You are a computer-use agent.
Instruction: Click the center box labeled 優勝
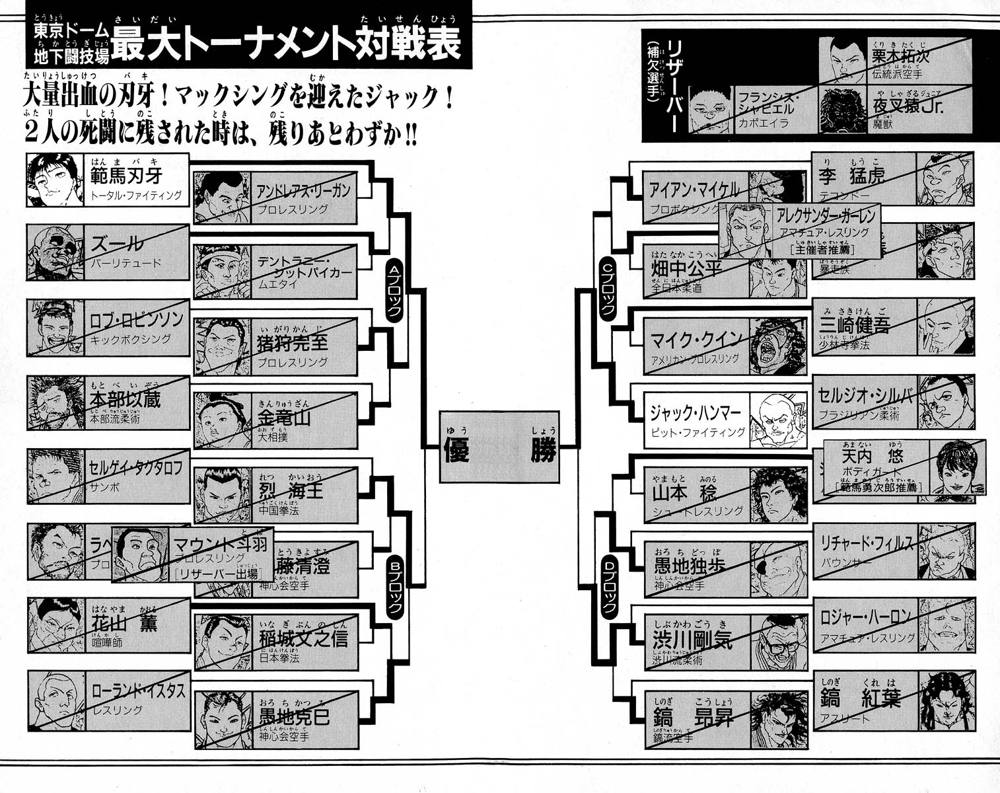(x=499, y=447)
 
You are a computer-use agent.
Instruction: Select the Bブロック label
(x=394, y=586)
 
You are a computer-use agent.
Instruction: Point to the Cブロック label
(x=607, y=288)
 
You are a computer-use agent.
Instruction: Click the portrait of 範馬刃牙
(x=55, y=180)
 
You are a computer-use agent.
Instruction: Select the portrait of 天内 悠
(x=957, y=467)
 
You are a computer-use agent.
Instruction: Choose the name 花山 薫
(x=124, y=623)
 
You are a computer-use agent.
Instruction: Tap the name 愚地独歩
(x=690, y=566)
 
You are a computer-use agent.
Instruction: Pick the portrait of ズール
(x=55, y=252)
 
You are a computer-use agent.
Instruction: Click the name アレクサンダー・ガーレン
(x=826, y=215)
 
